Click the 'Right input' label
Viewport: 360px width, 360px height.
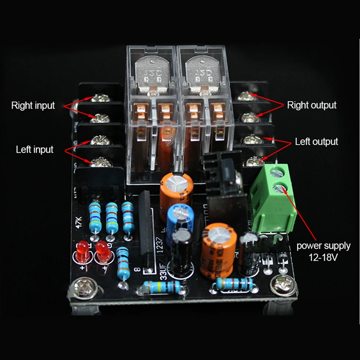pyautogui.click(x=33, y=105)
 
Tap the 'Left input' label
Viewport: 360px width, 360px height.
pyautogui.click(x=35, y=149)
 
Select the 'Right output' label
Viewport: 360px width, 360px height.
pyautogui.click(x=311, y=105)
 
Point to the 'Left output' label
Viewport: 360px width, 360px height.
pyautogui.click(x=316, y=141)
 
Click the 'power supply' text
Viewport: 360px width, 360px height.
pyautogui.click(x=323, y=246)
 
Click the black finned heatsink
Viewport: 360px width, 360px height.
pyautogui.click(x=224, y=173)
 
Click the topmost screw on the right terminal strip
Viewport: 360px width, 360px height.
pyautogui.click(x=246, y=96)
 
